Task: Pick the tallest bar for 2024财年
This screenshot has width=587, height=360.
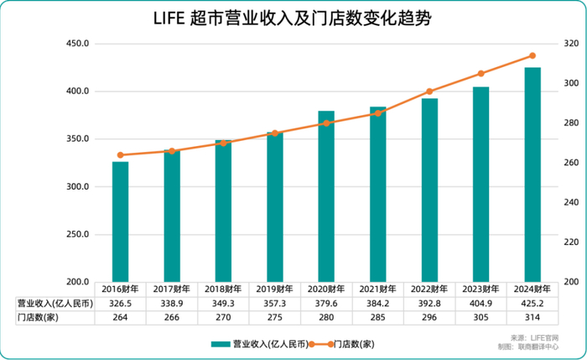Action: (x=532, y=175)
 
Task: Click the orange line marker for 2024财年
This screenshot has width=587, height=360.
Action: (x=532, y=56)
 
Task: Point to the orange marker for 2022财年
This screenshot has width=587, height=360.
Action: (x=429, y=91)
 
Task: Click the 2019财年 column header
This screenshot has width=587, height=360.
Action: (x=274, y=289)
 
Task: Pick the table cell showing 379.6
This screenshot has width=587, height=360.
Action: (x=326, y=303)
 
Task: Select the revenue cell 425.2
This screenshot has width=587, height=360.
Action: (x=532, y=303)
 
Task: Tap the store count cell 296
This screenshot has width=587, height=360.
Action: (x=429, y=316)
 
